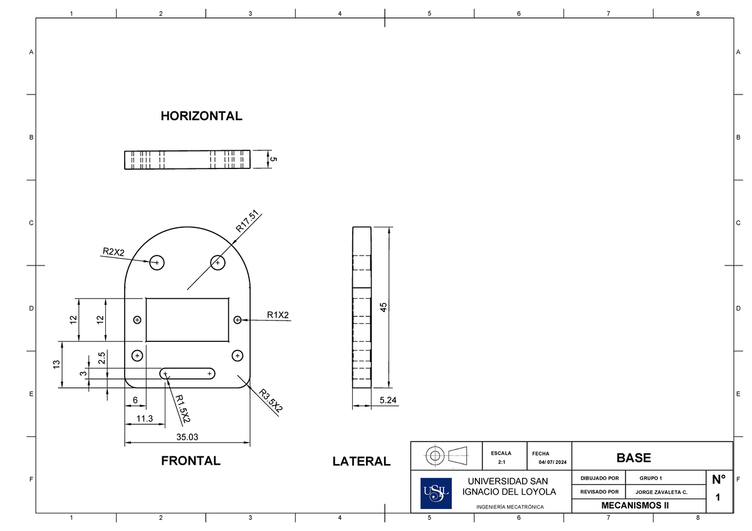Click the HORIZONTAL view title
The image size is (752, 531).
[201, 116]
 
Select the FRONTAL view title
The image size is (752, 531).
[191, 461]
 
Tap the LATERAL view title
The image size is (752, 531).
[361, 461]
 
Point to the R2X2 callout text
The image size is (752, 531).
[113, 252]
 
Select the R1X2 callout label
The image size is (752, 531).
[278, 315]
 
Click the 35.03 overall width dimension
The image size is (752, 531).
[187, 437]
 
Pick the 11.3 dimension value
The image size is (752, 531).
[144, 418]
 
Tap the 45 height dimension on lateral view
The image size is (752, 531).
[383, 307]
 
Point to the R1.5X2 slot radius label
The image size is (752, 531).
[183, 408]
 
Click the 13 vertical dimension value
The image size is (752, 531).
[56, 364]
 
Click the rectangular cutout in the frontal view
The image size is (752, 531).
[187, 319]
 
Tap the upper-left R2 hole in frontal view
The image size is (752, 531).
[157, 262]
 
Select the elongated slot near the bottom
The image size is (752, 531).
[187, 374]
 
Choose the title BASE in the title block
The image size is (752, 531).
[634, 458]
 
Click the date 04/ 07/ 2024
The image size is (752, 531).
[552, 463]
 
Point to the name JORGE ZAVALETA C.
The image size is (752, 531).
[661, 492]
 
